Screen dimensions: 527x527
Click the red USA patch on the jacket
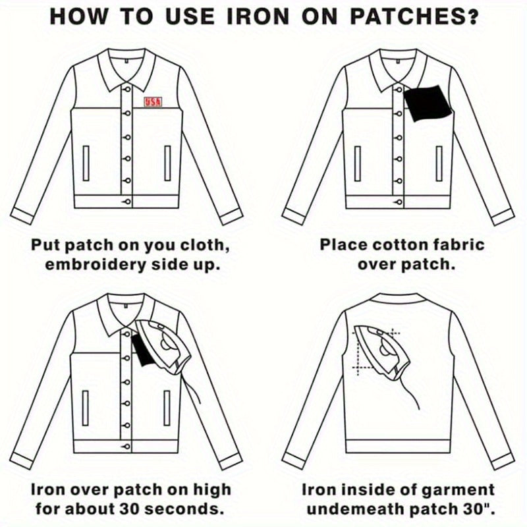click(x=153, y=102)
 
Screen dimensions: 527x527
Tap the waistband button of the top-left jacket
click(x=126, y=202)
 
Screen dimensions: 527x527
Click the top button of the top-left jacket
click(x=127, y=90)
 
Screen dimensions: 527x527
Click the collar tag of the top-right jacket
click(x=398, y=61)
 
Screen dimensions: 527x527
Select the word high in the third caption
click(x=212, y=491)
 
